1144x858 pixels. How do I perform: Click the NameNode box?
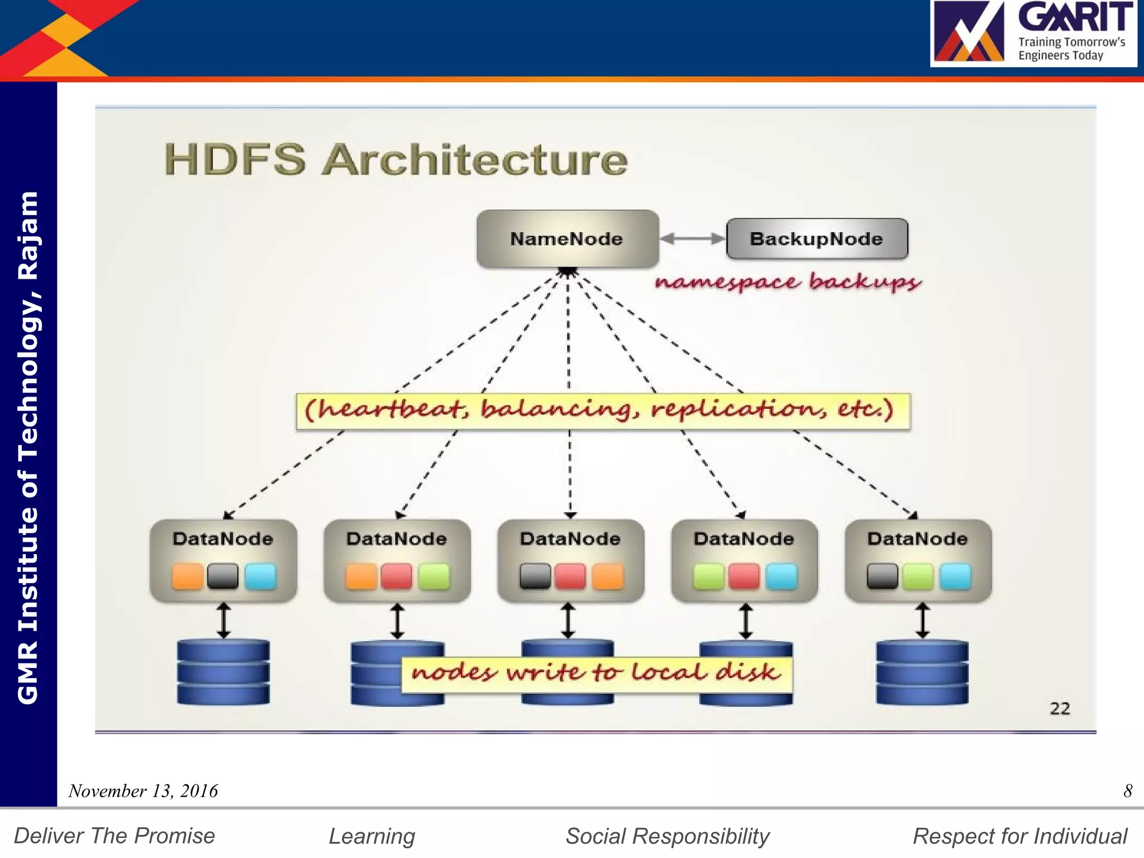pyautogui.click(x=567, y=239)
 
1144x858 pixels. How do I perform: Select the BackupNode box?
pyautogui.click(x=817, y=239)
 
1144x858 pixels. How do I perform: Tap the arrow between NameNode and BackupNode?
pyautogui.click(x=693, y=239)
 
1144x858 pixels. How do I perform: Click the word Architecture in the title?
pyautogui.click(x=475, y=160)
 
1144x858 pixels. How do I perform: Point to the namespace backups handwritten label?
pyautogui.click(x=788, y=282)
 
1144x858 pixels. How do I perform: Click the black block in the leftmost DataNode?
pyautogui.click(x=223, y=576)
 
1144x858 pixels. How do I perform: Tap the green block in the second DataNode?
pyautogui.click(x=433, y=576)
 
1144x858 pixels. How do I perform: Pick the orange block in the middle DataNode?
pyautogui.click(x=607, y=576)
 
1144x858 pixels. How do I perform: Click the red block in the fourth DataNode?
pyautogui.click(x=744, y=576)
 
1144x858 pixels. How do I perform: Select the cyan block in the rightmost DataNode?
pyautogui.click(x=955, y=576)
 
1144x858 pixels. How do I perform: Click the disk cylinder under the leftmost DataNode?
pyautogui.click(x=223, y=673)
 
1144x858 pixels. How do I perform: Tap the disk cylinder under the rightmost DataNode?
pyautogui.click(x=922, y=673)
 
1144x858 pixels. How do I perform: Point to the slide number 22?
pyautogui.click(x=1060, y=709)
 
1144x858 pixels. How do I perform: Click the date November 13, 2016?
pyautogui.click(x=143, y=791)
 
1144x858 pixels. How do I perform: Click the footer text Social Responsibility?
pyautogui.click(x=668, y=836)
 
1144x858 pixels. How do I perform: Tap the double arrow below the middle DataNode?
pyautogui.click(x=568, y=620)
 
